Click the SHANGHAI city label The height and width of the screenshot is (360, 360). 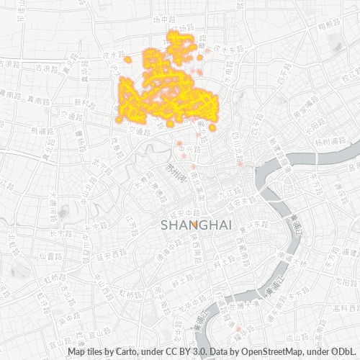pos(196,225)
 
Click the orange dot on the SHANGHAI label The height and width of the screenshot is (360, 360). pos(195,225)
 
